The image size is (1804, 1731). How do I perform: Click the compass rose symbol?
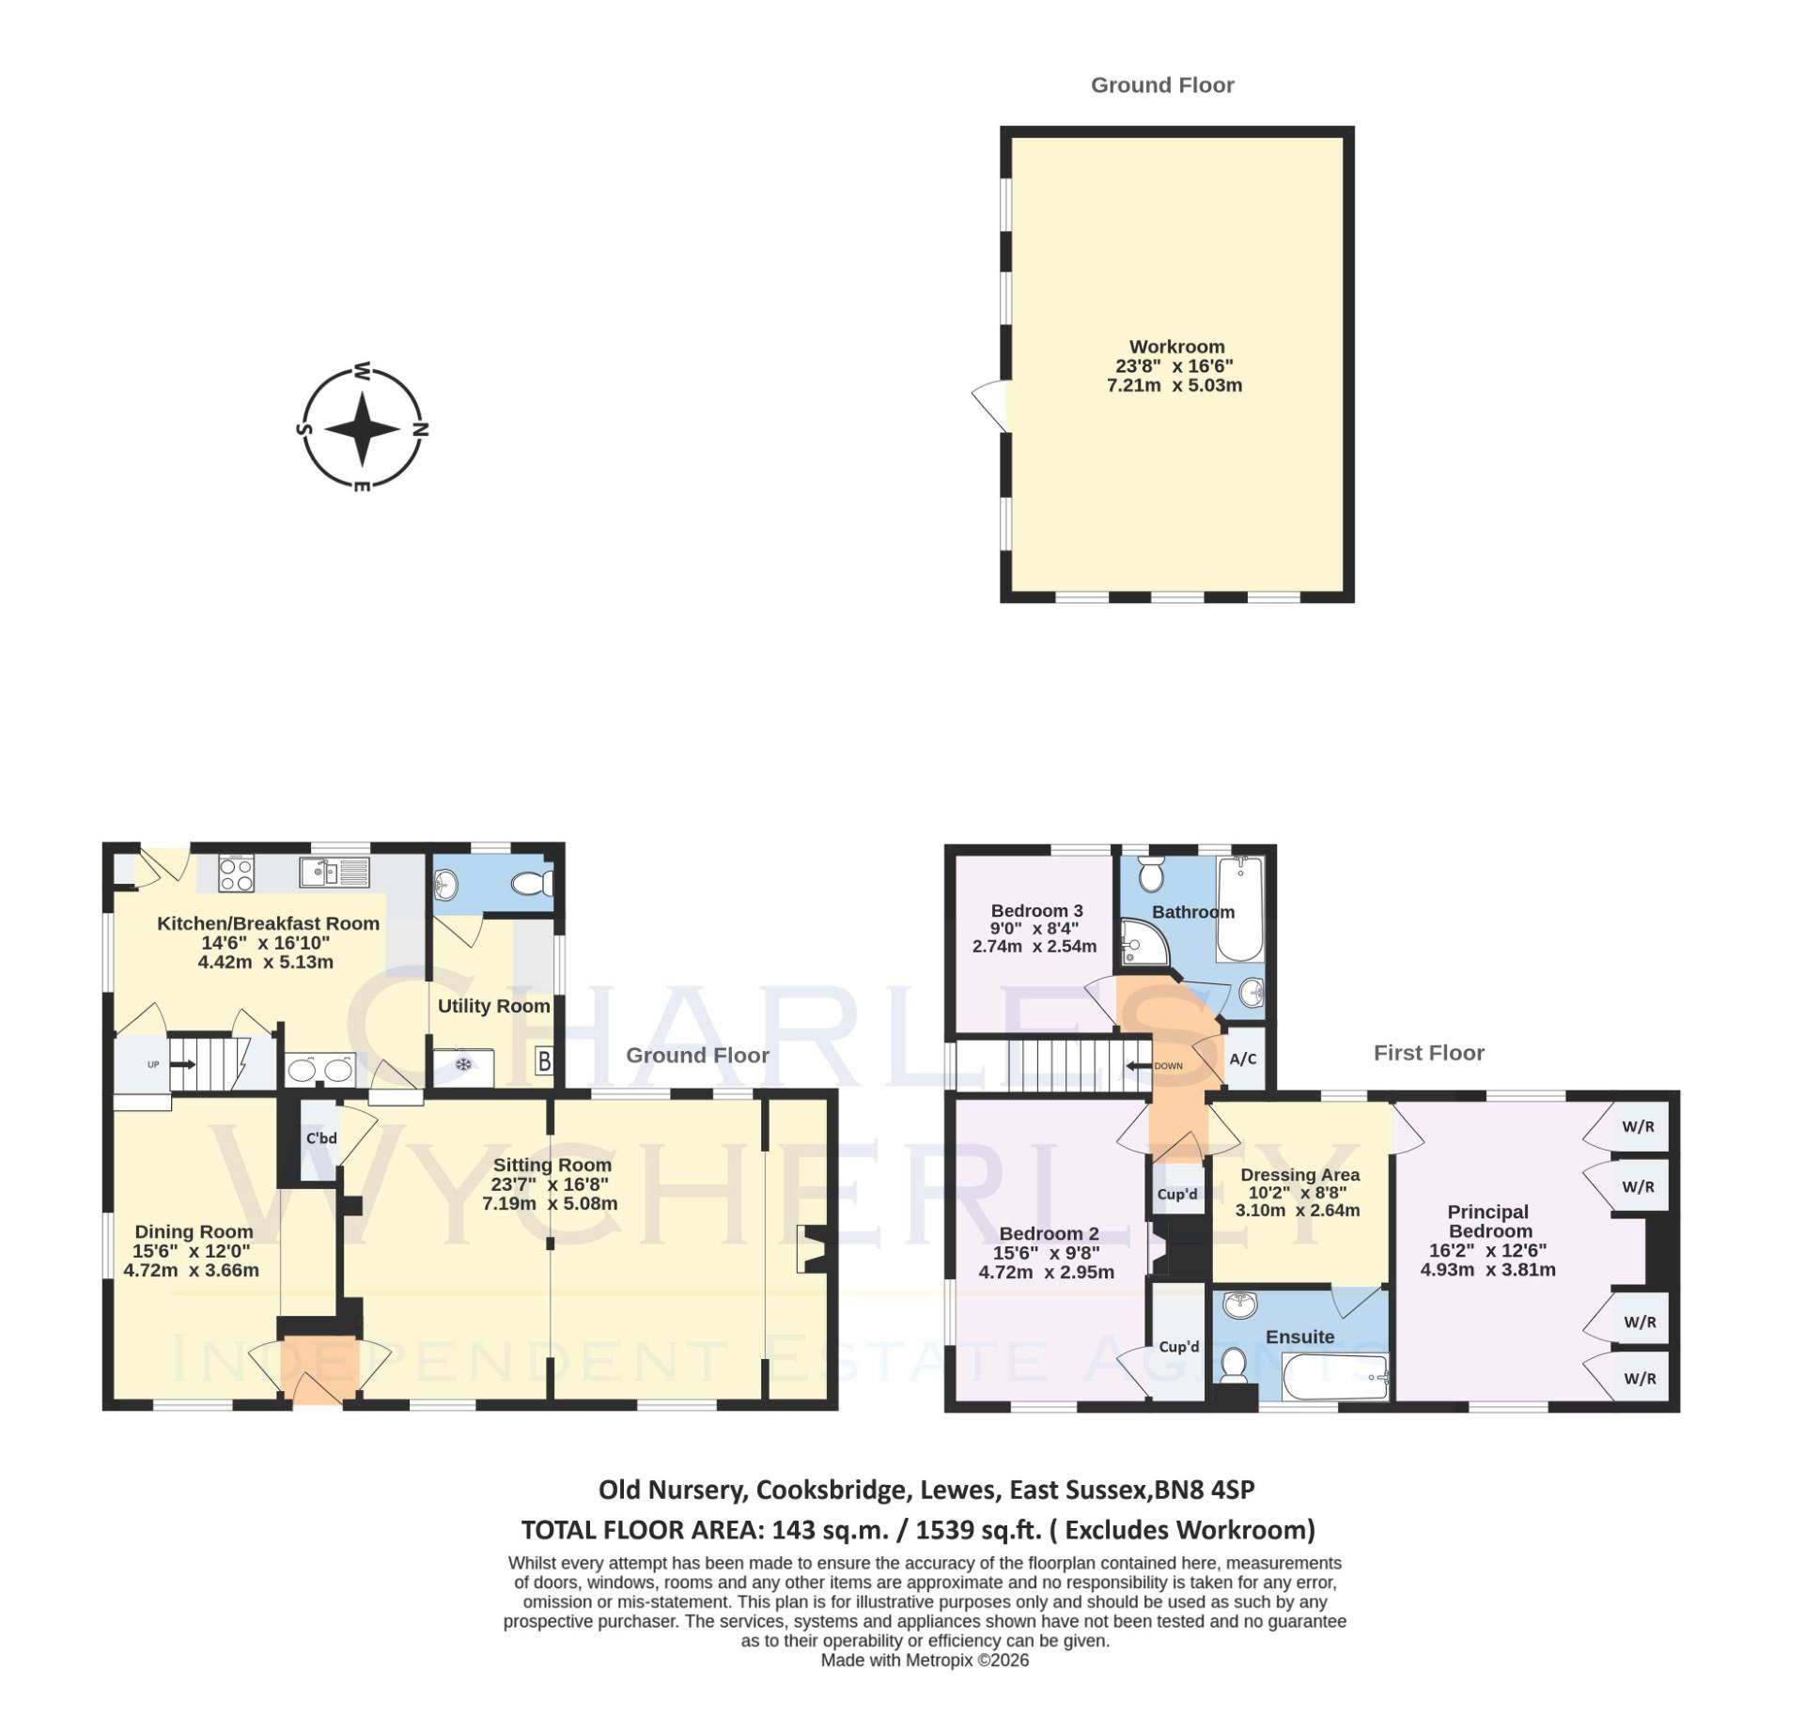click(362, 428)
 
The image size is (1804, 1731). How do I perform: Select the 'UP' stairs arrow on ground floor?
click(181, 1064)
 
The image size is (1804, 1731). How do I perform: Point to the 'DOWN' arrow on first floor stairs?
click(1140, 1065)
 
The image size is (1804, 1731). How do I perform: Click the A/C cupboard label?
click(1243, 1059)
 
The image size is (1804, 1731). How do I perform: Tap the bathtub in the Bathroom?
click(1240, 908)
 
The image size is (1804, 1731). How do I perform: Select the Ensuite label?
click(1299, 1337)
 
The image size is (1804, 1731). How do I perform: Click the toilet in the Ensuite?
click(1235, 1366)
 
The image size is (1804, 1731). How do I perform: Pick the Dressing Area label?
click(1299, 1175)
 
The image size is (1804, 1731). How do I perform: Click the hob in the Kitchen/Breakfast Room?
click(236, 874)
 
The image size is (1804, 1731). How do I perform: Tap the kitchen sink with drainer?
click(334, 873)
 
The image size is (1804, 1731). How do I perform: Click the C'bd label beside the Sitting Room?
click(321, 1138)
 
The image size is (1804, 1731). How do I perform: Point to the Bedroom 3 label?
click(1036, 910)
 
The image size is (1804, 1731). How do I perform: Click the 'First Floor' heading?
click(1428, 1053)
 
